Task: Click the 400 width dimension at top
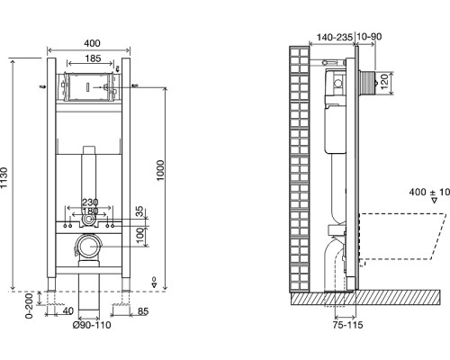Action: (x=92, y=43)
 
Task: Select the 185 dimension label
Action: (x=93, y=58)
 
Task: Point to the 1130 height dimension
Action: (x=4, y=178)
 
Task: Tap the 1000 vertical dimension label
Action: (x=160, y=170)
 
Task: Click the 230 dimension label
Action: (x=90, y=202)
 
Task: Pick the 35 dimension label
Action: (x=140, y=211)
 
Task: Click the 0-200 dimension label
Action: (x=29, y=306)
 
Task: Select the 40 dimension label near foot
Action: (x=68, y=311)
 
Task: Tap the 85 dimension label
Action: (x=143, y=311)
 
